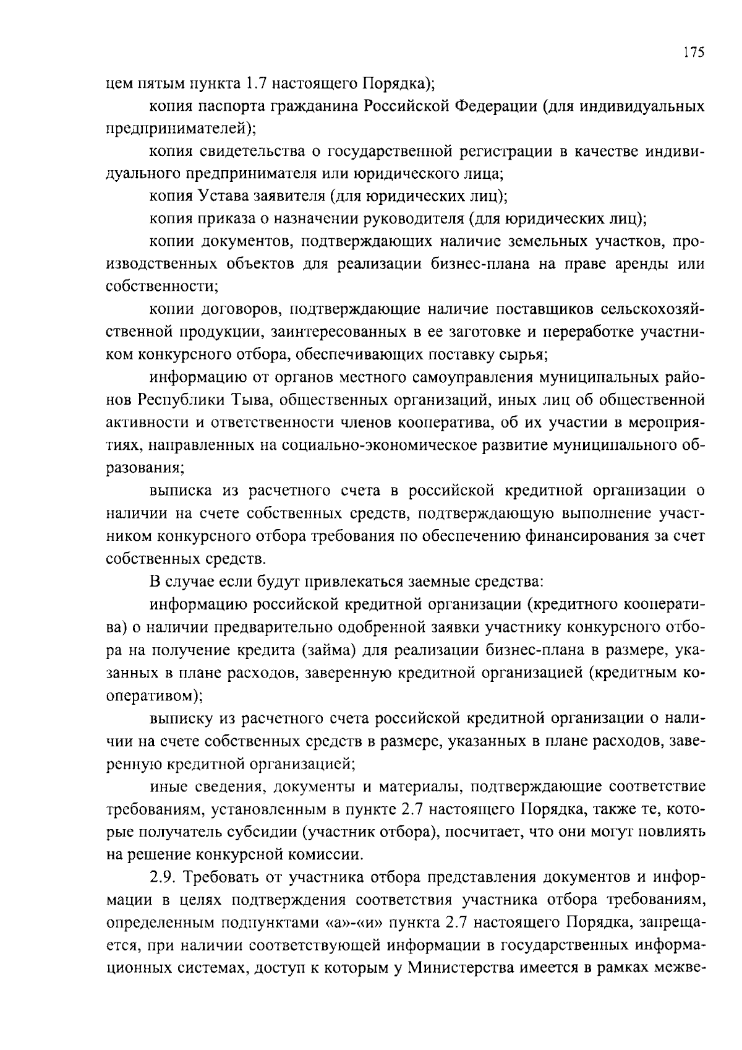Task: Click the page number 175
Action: click(x=694, y=53)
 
